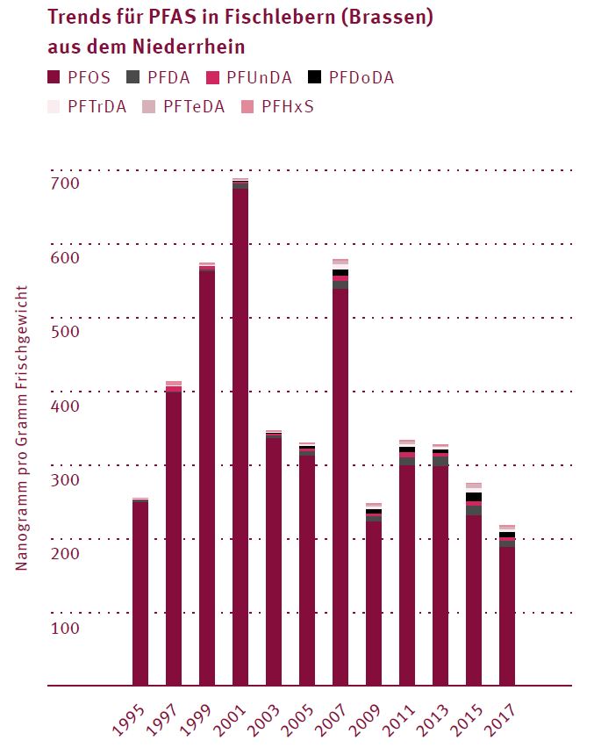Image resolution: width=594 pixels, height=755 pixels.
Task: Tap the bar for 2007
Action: pos(340,483)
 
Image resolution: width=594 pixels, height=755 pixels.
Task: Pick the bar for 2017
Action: pos(507,615)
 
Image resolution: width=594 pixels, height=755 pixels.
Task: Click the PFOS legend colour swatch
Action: pos(53,77)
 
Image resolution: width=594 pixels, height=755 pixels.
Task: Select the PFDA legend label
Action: pos(168,77)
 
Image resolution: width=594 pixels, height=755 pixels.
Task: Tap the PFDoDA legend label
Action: pos(361,77)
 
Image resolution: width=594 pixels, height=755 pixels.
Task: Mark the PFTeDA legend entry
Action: pos(194,107)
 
